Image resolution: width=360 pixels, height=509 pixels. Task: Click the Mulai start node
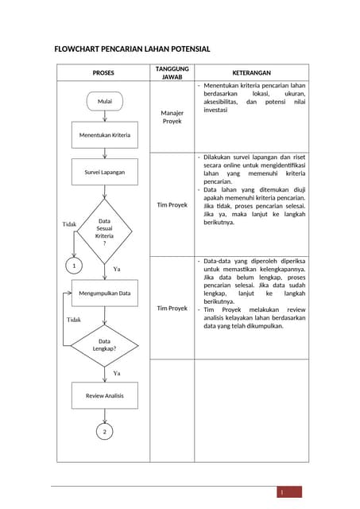(104, 102)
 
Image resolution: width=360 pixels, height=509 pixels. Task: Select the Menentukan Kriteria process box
(104, 135)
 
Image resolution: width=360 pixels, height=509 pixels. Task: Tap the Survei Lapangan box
(104, 172)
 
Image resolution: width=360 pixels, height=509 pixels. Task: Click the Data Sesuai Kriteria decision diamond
(104, 231)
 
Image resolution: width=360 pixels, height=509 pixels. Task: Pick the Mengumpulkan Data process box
(104, 293)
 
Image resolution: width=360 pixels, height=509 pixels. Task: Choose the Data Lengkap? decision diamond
(104, 344)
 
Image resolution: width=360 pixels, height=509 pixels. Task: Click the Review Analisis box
(104, 395)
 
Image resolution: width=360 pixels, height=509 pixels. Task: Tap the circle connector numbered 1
(73, 265)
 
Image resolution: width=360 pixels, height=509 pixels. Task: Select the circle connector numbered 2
(104, 431)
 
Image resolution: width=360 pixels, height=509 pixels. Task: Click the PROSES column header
(103, 72)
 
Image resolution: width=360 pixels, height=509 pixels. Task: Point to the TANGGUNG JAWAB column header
(172, 72)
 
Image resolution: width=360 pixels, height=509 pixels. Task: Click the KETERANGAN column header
(251, 72)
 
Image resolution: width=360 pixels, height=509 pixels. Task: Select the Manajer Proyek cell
(172, 117)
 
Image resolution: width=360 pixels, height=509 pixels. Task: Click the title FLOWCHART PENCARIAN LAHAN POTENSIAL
(132, 49)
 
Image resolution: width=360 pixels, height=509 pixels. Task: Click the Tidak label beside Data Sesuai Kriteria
(69, 224)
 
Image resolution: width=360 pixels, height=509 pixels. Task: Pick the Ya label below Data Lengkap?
(116, 372)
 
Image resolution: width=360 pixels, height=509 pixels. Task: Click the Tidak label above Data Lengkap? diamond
(73, 319)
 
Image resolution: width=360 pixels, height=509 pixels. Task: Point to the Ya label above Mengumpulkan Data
(116, 269)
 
